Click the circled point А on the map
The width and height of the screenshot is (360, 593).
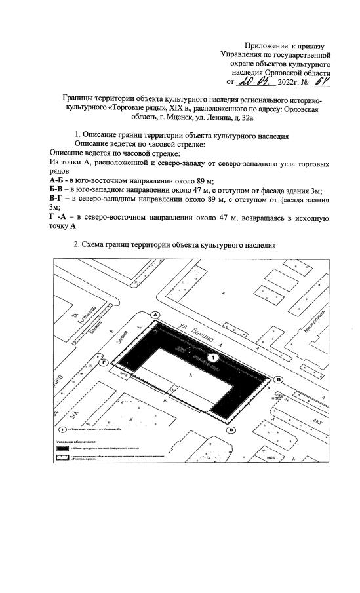(155, 315)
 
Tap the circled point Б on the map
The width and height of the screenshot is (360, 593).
(278, 379)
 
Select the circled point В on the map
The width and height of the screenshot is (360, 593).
(232, 430)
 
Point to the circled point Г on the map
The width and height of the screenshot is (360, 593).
(102, 362)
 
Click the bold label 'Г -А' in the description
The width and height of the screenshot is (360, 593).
(60, 217)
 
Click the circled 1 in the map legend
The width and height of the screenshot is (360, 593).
(62, 429)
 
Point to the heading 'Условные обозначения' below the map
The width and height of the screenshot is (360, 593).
(71, 442)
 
